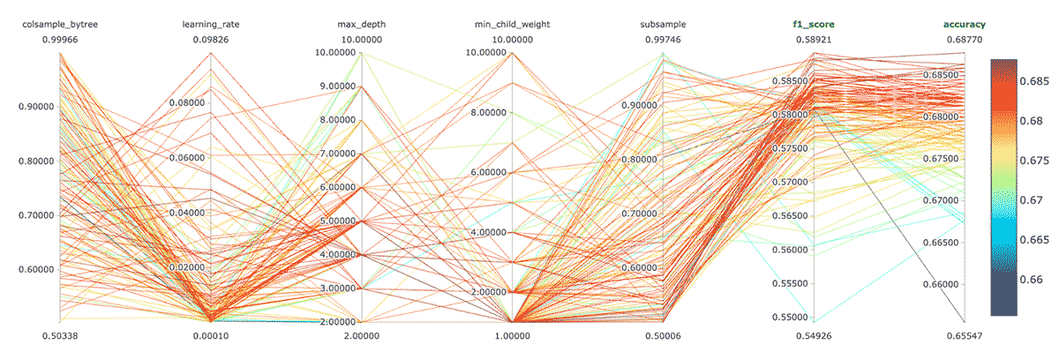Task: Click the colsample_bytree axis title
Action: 60,25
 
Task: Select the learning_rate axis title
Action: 210,25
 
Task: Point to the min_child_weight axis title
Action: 511,25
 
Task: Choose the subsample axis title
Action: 662,25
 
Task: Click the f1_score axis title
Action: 813,25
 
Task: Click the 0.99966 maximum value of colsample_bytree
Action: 60,39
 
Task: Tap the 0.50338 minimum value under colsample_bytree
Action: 60,336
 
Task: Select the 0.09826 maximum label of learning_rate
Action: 210,39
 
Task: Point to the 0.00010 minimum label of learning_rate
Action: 210,336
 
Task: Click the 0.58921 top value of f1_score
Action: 813,39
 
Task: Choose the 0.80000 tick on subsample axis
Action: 640,160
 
